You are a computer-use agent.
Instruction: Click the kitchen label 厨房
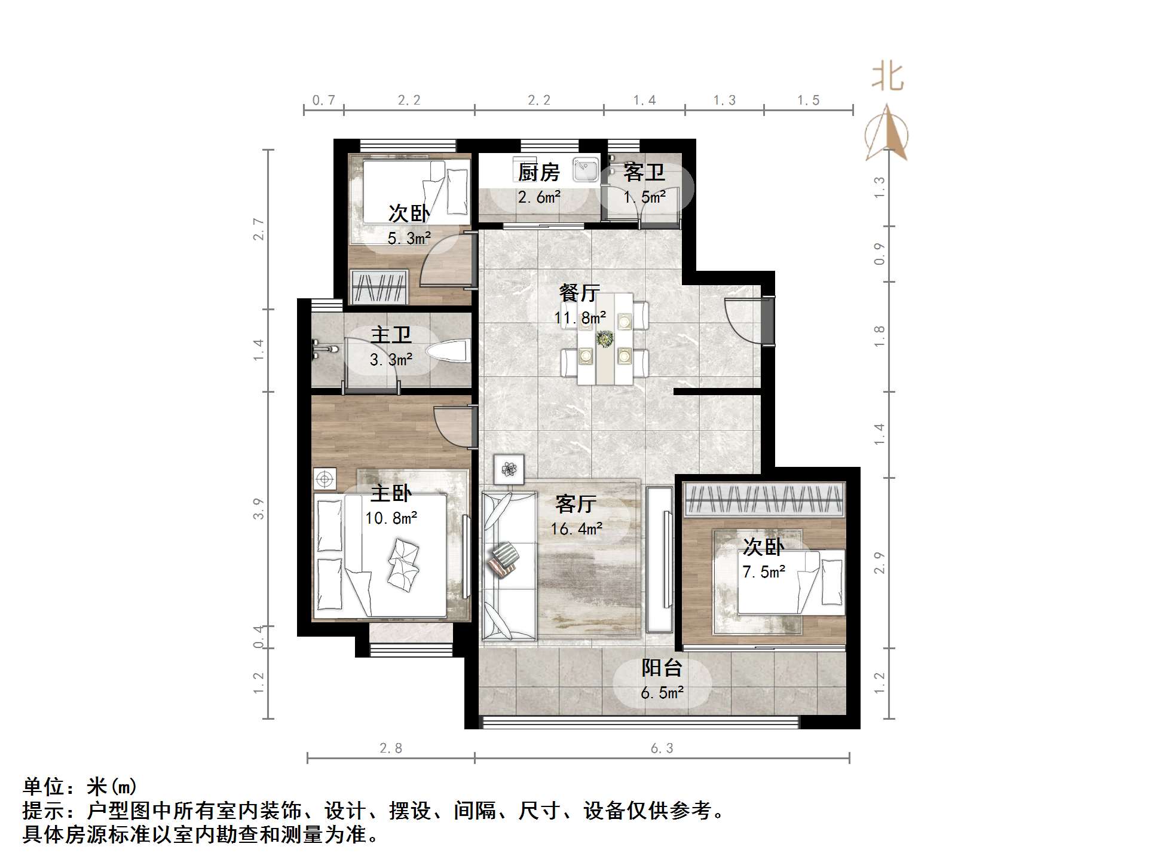point(538,173)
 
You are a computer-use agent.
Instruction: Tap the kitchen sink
point(585,169)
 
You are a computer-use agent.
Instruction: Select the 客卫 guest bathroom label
point(644,173)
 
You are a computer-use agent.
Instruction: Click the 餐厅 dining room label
point(579,293)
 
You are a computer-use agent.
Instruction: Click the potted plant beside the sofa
point(509,469)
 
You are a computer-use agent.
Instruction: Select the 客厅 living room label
point(576,504)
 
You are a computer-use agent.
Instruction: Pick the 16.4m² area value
point(576,529)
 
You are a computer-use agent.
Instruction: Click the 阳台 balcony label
point(662,668)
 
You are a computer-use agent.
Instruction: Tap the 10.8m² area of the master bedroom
point(391,518)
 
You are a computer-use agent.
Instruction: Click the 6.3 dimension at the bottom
point(662,748)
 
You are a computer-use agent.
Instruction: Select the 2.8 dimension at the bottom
point(391,748)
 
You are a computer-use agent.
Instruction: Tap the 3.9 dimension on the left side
point(258,509)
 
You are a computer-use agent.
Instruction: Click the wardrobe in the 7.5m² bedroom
point(764,500)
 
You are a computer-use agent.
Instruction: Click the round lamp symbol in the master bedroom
point(325,479)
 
